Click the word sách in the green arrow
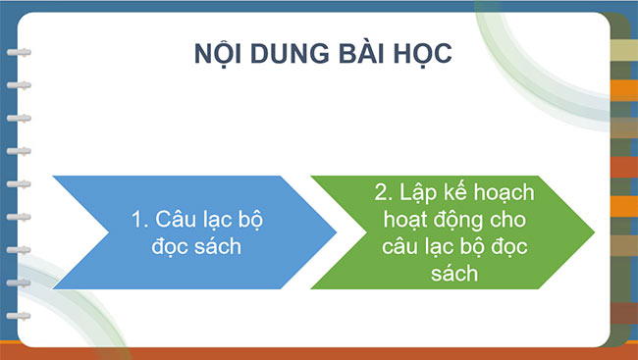(x=452, y=274)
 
